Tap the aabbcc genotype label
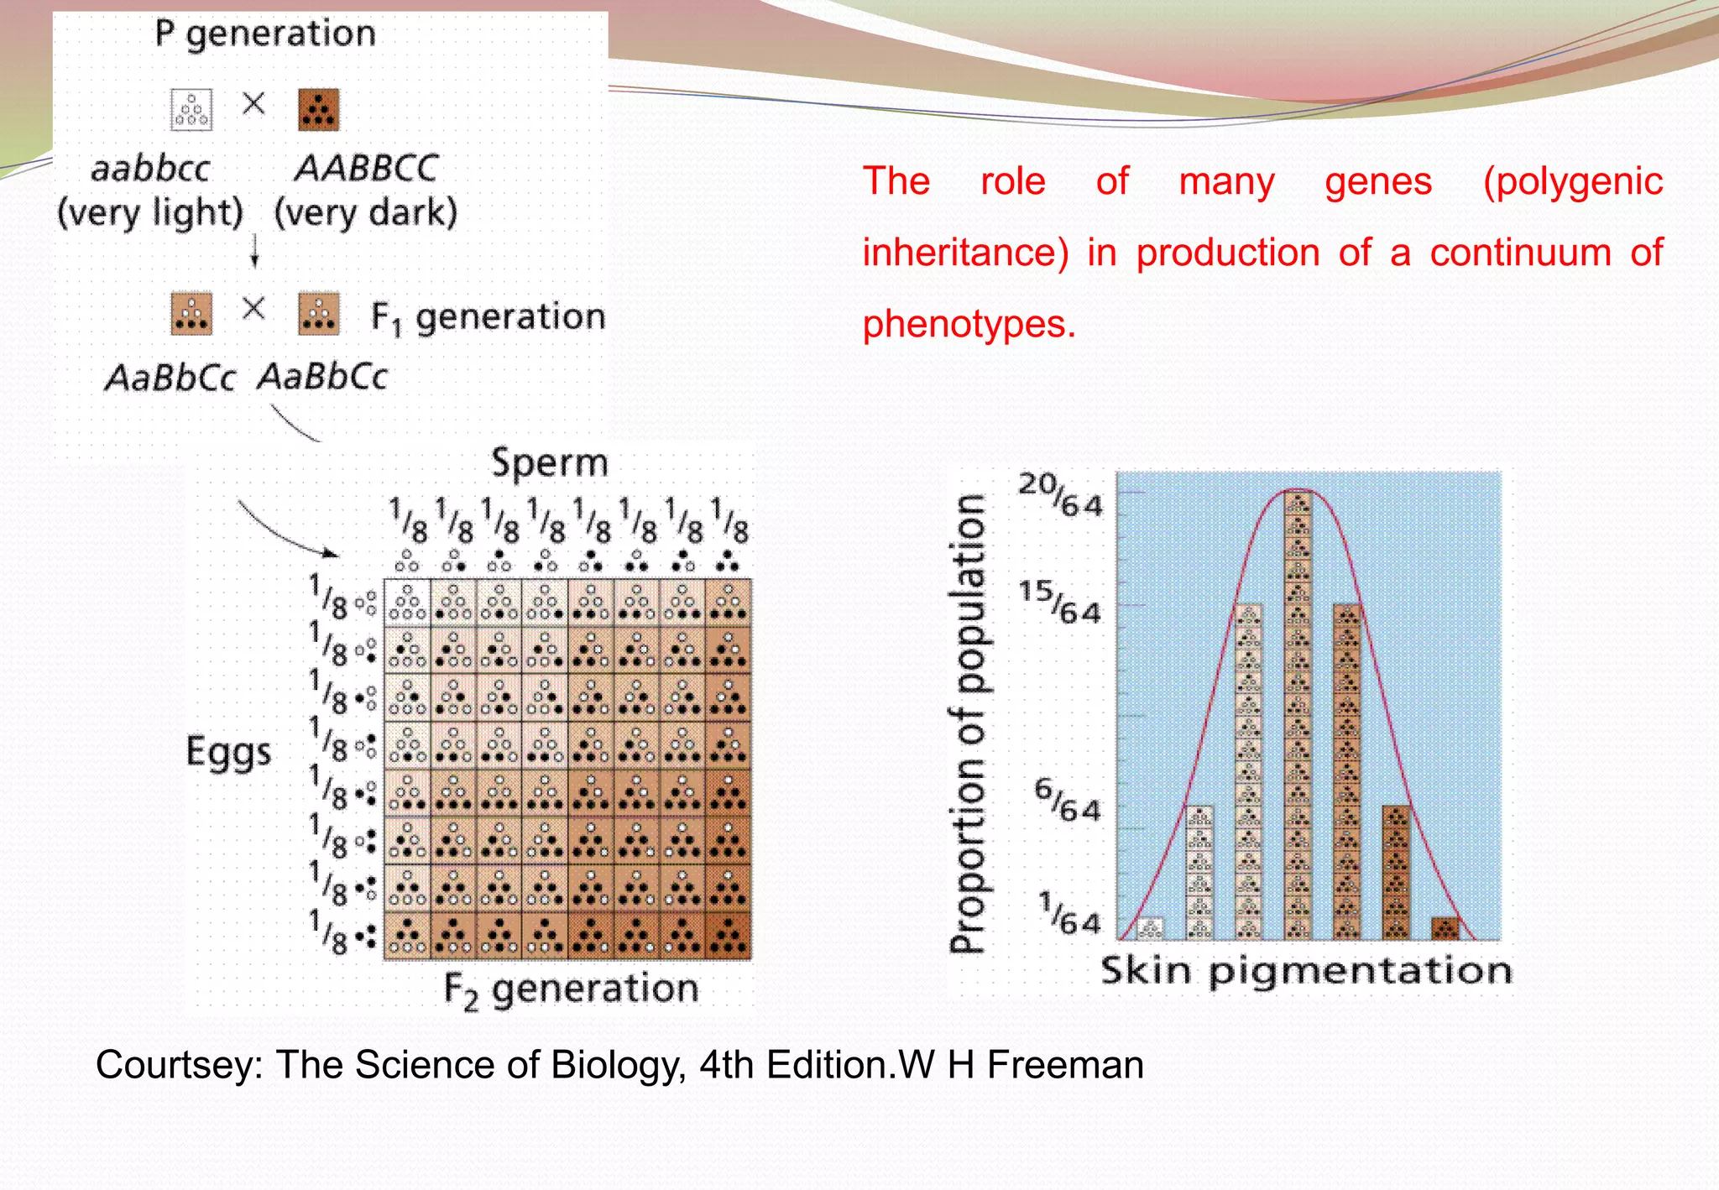[150, 169]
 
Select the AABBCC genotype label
[367, 168]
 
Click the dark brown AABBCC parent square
[319, 110]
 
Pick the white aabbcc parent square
[191, 110]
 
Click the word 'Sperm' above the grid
[549, 462]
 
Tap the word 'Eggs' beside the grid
[228, 751]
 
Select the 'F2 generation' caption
[571, 989]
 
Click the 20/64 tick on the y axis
[1060, 494]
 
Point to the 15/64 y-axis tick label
[1060, 603]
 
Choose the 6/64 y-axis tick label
[1067, 800]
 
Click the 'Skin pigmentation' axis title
[1306, 971]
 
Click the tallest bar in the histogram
[1298, 713]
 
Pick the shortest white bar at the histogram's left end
[1150, 927]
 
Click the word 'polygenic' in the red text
[1572, 182]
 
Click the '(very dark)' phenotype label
[366, 212]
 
